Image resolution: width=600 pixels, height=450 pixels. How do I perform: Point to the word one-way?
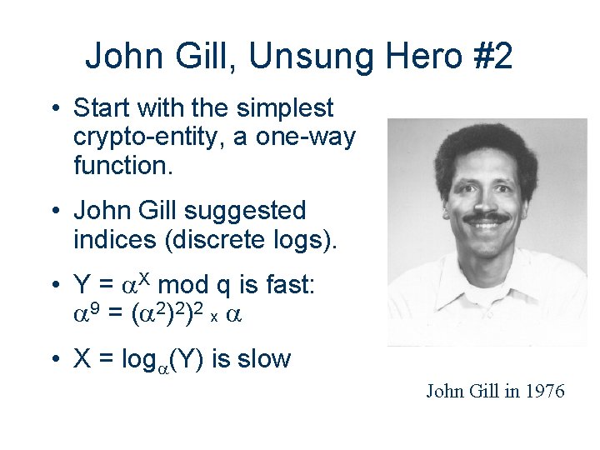point(312,137)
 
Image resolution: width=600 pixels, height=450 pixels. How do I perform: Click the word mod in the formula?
point(190,286)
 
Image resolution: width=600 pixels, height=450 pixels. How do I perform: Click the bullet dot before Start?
point(53,109)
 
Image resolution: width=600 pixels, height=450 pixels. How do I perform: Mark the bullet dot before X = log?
point(53,360)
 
